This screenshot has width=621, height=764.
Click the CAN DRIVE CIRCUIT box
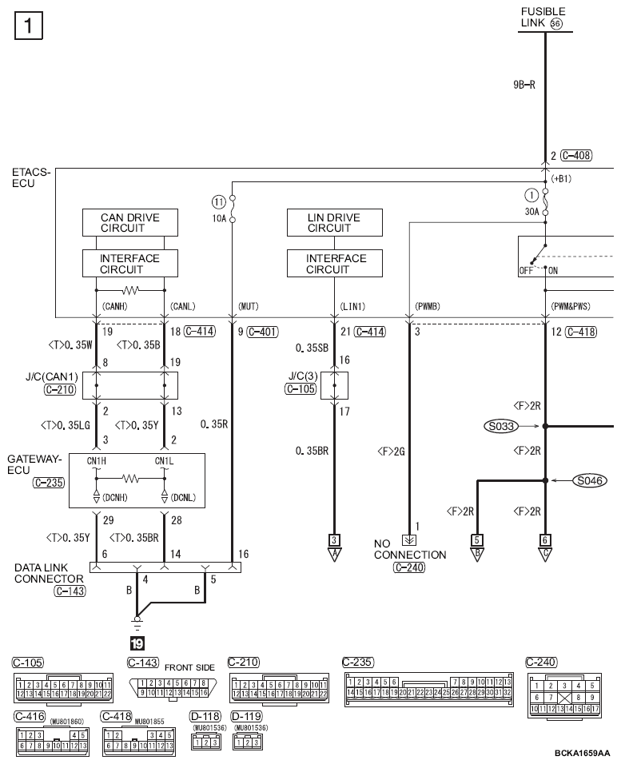pyautogui.click(x=129, y=222)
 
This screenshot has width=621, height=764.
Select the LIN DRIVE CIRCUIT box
pyautogui.click(x=334, y=222)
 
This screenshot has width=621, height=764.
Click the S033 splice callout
pyautogui.click(x=501, y=427)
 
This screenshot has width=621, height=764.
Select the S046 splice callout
pyautogui.click(x=589, y=480)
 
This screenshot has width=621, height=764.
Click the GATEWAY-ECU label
pyautogui.click(x=34, y=464)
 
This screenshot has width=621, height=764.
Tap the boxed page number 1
pyautogui.click(x=28, y=28)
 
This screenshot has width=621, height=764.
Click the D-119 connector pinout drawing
pyautogui.click(x=245, y=742)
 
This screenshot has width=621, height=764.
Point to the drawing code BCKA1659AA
pyautogui.click(x=582, y=753)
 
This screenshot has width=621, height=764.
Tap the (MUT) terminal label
pyautogui.click(x=248, y=306)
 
